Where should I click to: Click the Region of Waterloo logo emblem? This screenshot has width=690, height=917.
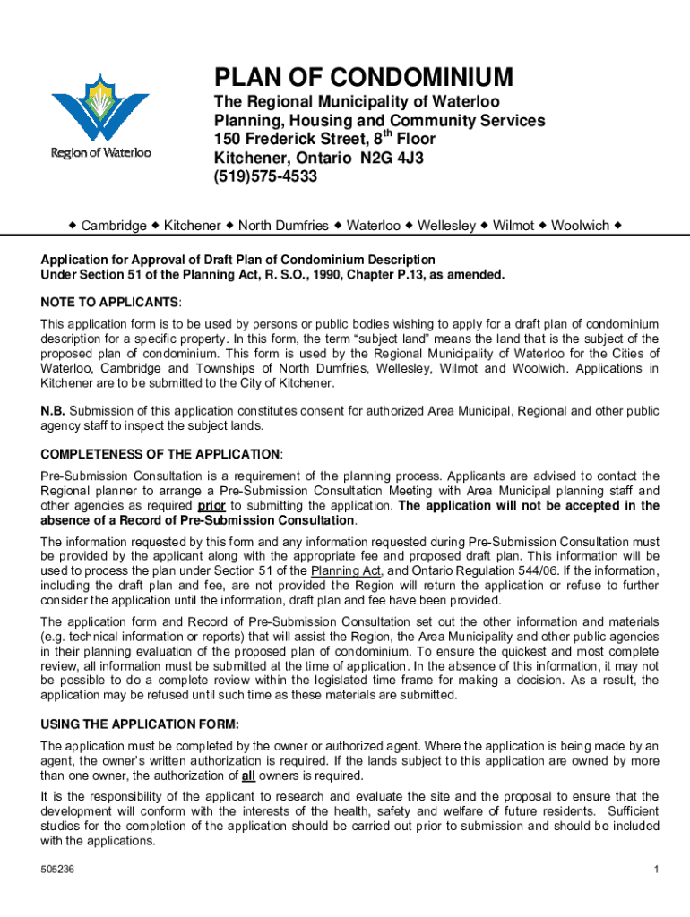pyautogui.click(x=99, y=105)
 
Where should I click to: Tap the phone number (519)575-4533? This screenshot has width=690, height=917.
pyautogui.click(x=265, y=177)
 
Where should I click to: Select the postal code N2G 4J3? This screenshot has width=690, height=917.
pyautogui.click(x=386, y=159)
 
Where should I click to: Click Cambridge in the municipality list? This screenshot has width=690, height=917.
pyautogui.click(x=114, y=226)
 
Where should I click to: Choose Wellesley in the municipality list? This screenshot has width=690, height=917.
pyautogui.click(x=446, y=226)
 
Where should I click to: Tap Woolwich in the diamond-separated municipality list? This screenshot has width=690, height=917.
pyautogui.click(x=580, y=226)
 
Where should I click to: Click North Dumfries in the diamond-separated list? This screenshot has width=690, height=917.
pyautogui.click(x=283, y=226)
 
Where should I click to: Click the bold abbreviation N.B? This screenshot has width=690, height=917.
pyautogui.click(x=52, y=411)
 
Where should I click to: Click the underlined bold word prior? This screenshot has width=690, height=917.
pyautogui.click(x=211, y=506)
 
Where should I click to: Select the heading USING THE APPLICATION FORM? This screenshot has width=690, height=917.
pyautogui.click(x=140, y=724)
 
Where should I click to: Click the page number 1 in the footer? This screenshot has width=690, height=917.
pyautogui.click(x=656, y=870)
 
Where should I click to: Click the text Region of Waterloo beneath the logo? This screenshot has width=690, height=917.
pyautogui.click(x=99, y=152)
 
